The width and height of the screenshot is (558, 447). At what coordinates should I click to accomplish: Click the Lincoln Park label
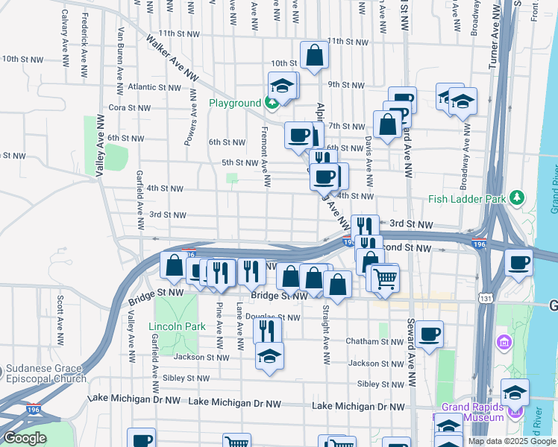tap(177, 326)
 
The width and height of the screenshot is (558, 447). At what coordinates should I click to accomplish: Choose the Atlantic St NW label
tap(154, 87)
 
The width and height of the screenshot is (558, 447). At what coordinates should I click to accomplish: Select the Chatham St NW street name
tap(374, 341)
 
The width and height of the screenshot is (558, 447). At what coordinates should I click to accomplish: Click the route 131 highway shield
tap(486, 298)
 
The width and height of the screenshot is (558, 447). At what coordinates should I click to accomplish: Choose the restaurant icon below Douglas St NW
tap(268, 329)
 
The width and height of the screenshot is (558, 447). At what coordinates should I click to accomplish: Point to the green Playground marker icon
tap(273, 102)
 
